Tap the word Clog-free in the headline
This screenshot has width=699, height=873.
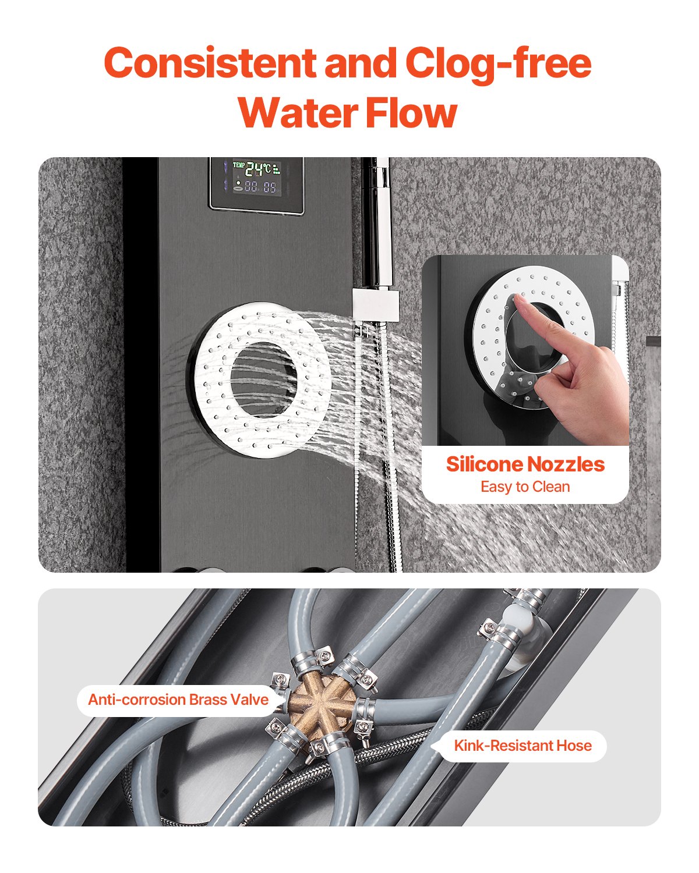pyautogui.click(x=498, y=63)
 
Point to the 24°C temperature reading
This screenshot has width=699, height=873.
pyautogui.click(x=257, y=169)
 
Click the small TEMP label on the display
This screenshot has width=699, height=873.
pyautogui.click(x=238, y=165)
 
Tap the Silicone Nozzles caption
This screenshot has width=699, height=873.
pyautogui.click(x=525, y=464)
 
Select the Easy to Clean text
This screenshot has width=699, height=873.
pyautogui.click(x=525, y=487)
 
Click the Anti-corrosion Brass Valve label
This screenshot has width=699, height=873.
pyautogui.click(x=178, y=699)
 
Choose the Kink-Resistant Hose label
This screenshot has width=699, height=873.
pyautogui.click(x=523, y=746)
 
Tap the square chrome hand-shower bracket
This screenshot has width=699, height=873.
pyautogui.click(x=376, y=304)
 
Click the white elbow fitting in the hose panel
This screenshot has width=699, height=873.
pyautogui.click(x=527, y=634)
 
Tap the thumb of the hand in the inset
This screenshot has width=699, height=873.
pyautogui.click(x=550, y=372)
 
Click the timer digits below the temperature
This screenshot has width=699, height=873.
pyautogui.click(x=260, y=187)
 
